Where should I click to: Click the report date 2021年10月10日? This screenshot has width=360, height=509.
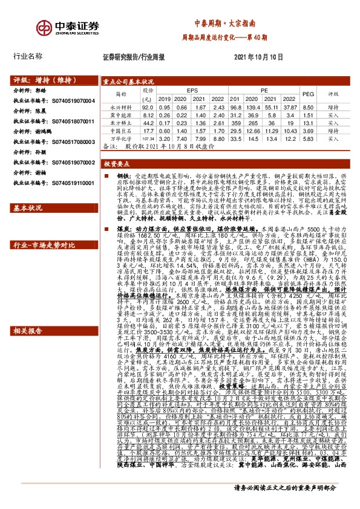(258, 56)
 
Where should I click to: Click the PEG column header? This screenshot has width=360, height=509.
(307, 94)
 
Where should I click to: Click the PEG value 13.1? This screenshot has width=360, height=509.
(307, 122)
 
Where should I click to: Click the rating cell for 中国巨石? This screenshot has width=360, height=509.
(333, 129)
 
